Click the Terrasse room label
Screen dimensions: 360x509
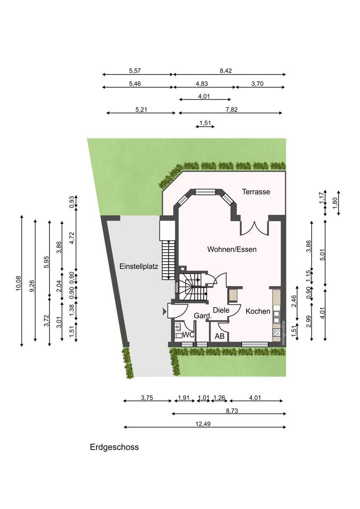coord(256,192)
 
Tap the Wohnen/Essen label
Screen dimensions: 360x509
coord(232,249)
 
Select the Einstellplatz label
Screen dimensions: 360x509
coord(139,266)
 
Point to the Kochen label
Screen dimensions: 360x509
coord(258,311)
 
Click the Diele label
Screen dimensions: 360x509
coord(221,310)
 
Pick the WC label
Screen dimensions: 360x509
coord(188,335)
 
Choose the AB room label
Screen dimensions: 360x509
coord(219,336)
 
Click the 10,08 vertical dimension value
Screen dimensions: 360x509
coord(18,283)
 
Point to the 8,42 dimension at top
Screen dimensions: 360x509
coord(225,71)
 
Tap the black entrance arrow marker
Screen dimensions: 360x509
coord(164,313)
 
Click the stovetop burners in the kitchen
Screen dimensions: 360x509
coord(276,333)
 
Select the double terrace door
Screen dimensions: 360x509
coord(254,228)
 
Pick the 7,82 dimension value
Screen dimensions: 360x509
coord(231,109)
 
